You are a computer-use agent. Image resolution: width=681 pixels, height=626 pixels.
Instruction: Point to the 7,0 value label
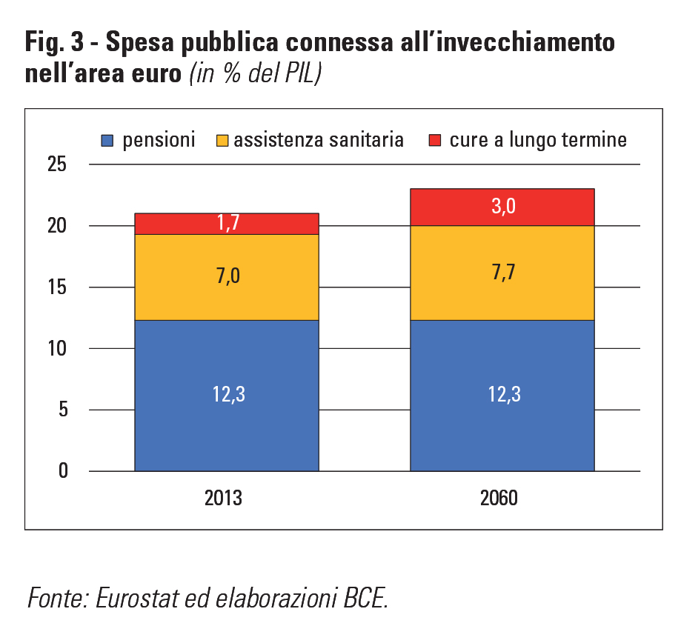(x=227, y=277)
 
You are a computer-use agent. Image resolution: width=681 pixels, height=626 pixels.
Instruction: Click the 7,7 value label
(x=502, y=273)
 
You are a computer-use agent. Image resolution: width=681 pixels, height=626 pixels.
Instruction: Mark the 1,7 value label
(x=227, y=223)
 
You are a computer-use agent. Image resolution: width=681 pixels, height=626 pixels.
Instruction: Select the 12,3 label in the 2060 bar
(x=502, y=395)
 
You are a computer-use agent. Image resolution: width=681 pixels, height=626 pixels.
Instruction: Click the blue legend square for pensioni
(x=107, y=140)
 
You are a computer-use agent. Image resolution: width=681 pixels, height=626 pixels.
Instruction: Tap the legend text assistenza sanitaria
(x=319, y=140)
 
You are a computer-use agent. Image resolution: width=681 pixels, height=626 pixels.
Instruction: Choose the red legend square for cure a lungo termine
(x=434, y=140)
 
